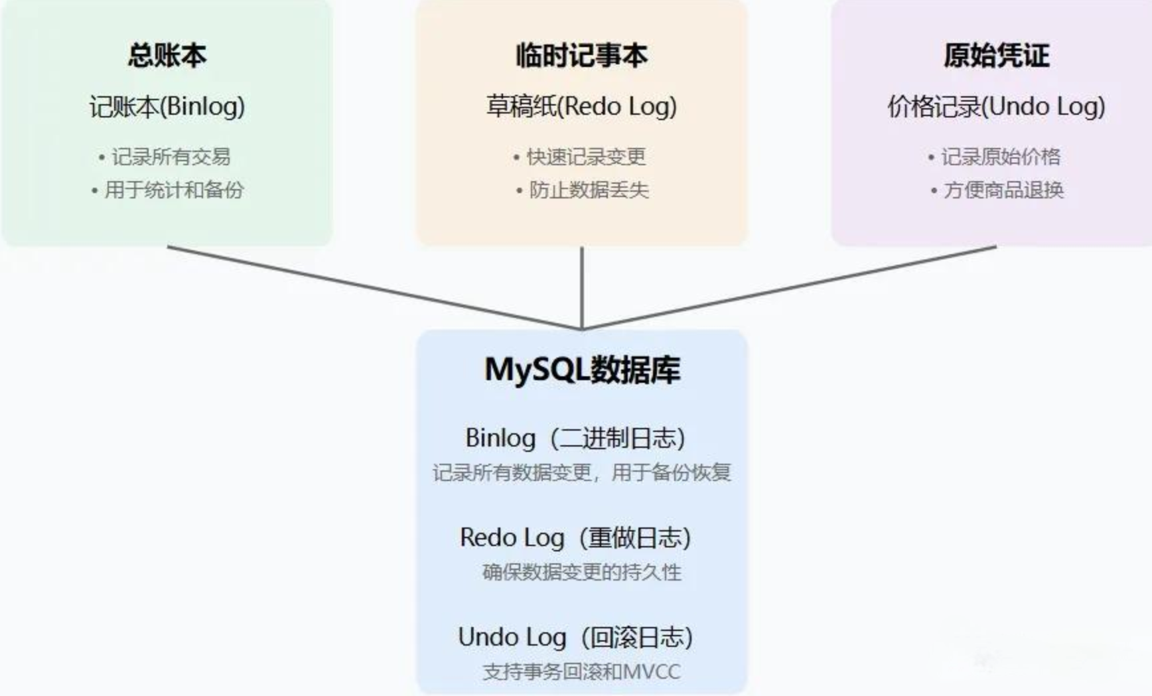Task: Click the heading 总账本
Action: [167, 55]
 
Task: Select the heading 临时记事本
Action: [581, 55]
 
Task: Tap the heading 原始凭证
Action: [996, 55]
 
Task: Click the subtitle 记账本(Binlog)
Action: [167, 106]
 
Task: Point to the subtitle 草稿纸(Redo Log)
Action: [581, 106]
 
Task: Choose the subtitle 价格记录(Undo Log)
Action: [996, 106]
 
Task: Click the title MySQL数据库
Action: [582, 370]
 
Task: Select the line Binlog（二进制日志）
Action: [575, 438]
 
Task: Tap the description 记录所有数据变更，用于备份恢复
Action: [581, 472]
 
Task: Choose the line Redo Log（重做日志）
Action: [575, 537]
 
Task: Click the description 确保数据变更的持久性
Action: [581, 572]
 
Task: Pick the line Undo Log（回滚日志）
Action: [575, 637]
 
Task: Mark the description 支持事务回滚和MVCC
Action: [581, 671]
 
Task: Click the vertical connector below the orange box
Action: [582, 287]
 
